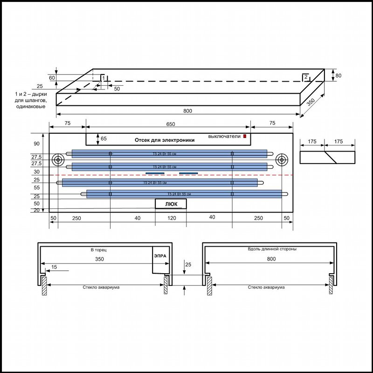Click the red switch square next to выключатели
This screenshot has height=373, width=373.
(245, 136)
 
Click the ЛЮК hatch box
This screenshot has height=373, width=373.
(171, 204)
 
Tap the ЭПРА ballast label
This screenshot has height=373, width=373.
(160, 256)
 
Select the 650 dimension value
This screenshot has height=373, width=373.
(171, 124)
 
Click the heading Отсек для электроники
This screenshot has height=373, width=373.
(165, 140)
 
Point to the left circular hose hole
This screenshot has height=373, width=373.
(58, 160)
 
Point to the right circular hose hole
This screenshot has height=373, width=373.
(282, 160)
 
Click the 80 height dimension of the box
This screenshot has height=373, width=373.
(338, 76)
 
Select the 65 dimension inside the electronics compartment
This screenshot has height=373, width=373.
(104, 138)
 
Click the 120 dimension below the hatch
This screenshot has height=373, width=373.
(172, 218)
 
